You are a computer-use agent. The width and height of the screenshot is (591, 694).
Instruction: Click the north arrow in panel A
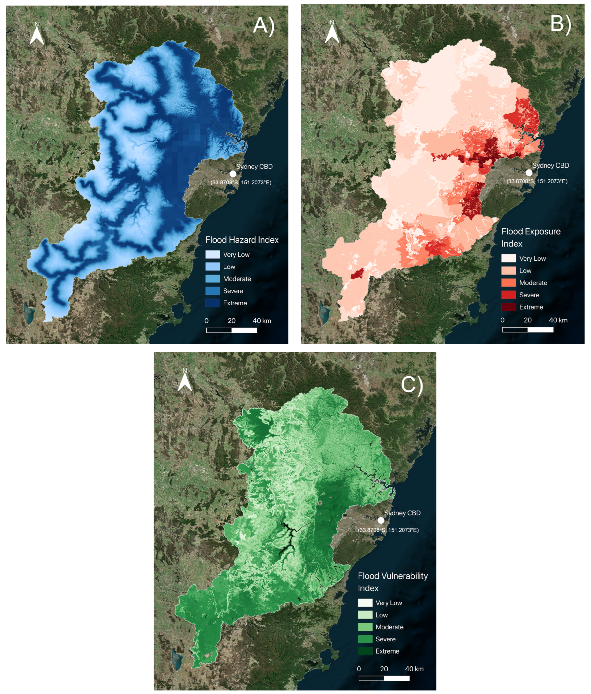click(x=37, y=35)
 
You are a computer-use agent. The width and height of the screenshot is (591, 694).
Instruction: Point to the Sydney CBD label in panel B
click(x=551, y=165)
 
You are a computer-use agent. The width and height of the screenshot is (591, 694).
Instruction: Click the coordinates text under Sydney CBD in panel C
click(x=388, y=530)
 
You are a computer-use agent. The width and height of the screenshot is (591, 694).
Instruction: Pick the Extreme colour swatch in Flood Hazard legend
click(x=212, y=303)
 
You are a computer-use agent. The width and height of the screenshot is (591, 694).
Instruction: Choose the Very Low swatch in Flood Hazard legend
click(x=212, y=255)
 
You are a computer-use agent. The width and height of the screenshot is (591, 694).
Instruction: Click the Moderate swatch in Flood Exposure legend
click(x=508, y=283)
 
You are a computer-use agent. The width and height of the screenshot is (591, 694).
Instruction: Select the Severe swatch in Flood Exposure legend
click(x=508, y=295)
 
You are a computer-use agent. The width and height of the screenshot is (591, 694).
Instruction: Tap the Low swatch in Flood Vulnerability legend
click(x=365, y=615)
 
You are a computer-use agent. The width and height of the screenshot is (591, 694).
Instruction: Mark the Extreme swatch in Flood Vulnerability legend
click(x=365, y=651)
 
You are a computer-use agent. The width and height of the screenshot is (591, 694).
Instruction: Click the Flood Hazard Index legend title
click(x=242, y=240)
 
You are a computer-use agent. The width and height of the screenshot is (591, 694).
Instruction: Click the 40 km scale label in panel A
click(x=262, y=320)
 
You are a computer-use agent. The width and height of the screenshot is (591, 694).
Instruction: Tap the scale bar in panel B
click(x=527, y=330)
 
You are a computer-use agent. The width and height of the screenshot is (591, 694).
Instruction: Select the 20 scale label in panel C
click(x=384, y=669)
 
